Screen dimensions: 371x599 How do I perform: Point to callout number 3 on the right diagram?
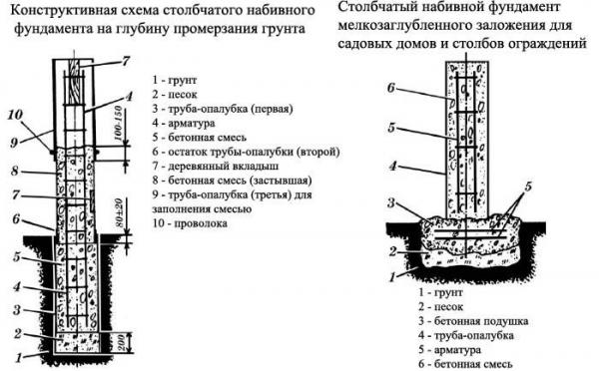pyautogui.click(x=392, y=204)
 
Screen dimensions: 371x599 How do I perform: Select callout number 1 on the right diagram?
pyautogui.click(x=395, y=268)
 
